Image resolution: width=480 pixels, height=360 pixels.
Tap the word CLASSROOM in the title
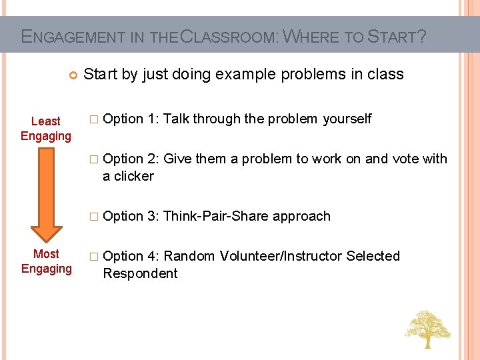point(229,36)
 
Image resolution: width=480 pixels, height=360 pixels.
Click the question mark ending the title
point(421,36)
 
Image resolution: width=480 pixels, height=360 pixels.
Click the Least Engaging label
point(45,129)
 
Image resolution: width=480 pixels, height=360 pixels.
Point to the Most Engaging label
point(46,261)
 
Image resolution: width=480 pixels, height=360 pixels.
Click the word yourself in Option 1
point(347,119)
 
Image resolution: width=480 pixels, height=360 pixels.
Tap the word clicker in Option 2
point(133,176)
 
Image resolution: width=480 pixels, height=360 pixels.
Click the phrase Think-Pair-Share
point(215,216)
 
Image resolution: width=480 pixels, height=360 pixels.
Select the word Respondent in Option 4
point(140,273)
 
